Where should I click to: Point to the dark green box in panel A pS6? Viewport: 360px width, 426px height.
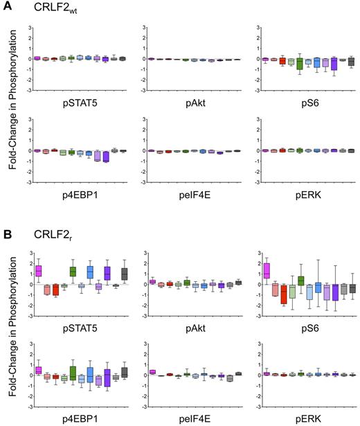pos(300,64)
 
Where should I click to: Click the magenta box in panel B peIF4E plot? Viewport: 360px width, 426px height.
pos(152,372)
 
